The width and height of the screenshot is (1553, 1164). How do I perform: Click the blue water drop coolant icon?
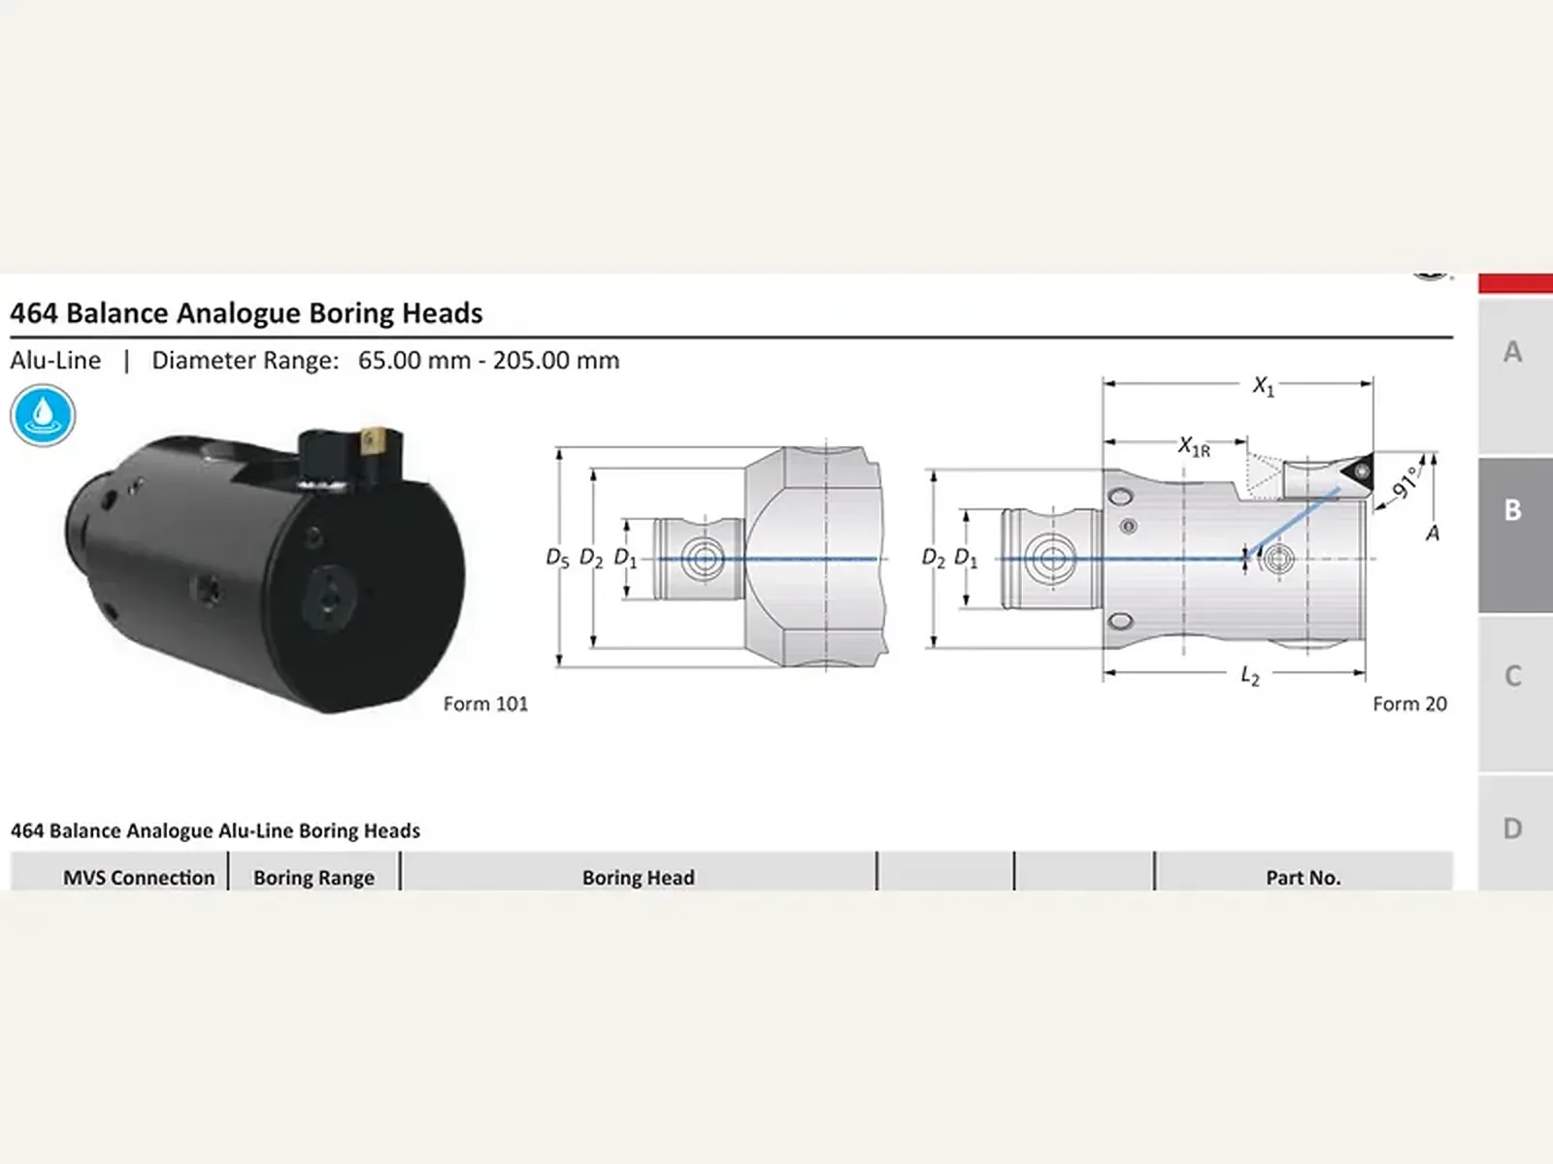coord(43,415)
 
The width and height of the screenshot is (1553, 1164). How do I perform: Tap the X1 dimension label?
coord(1264,386)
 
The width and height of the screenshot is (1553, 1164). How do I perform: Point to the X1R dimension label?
coord(1194,446)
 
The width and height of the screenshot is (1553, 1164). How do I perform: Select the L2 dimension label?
coord(1250,676)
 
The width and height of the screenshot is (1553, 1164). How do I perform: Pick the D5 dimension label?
coord(557,559)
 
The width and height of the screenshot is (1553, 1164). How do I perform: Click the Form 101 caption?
coord(485,704)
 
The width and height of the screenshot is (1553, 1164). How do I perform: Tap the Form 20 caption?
coord(1409,704)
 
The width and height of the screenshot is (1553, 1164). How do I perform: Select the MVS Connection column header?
coord(139,878)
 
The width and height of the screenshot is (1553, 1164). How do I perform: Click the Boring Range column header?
coord(314,878)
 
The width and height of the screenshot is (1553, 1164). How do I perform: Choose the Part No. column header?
coord(1304,878)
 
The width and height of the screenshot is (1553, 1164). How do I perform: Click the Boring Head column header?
coord(638,878)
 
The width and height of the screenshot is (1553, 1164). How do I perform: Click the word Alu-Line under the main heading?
coord(55,361)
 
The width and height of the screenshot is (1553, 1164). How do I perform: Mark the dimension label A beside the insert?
coord(1433,533)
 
